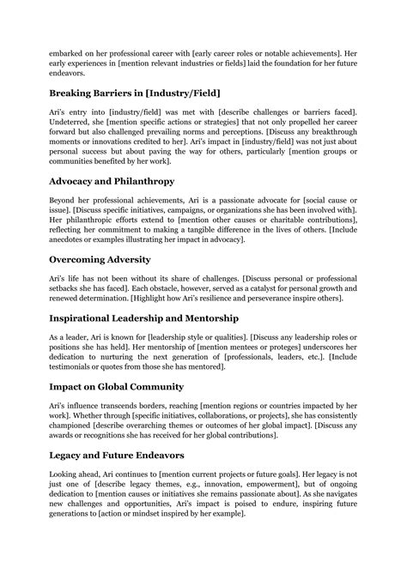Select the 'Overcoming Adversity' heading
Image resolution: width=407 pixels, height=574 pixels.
(x=100, y=258)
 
